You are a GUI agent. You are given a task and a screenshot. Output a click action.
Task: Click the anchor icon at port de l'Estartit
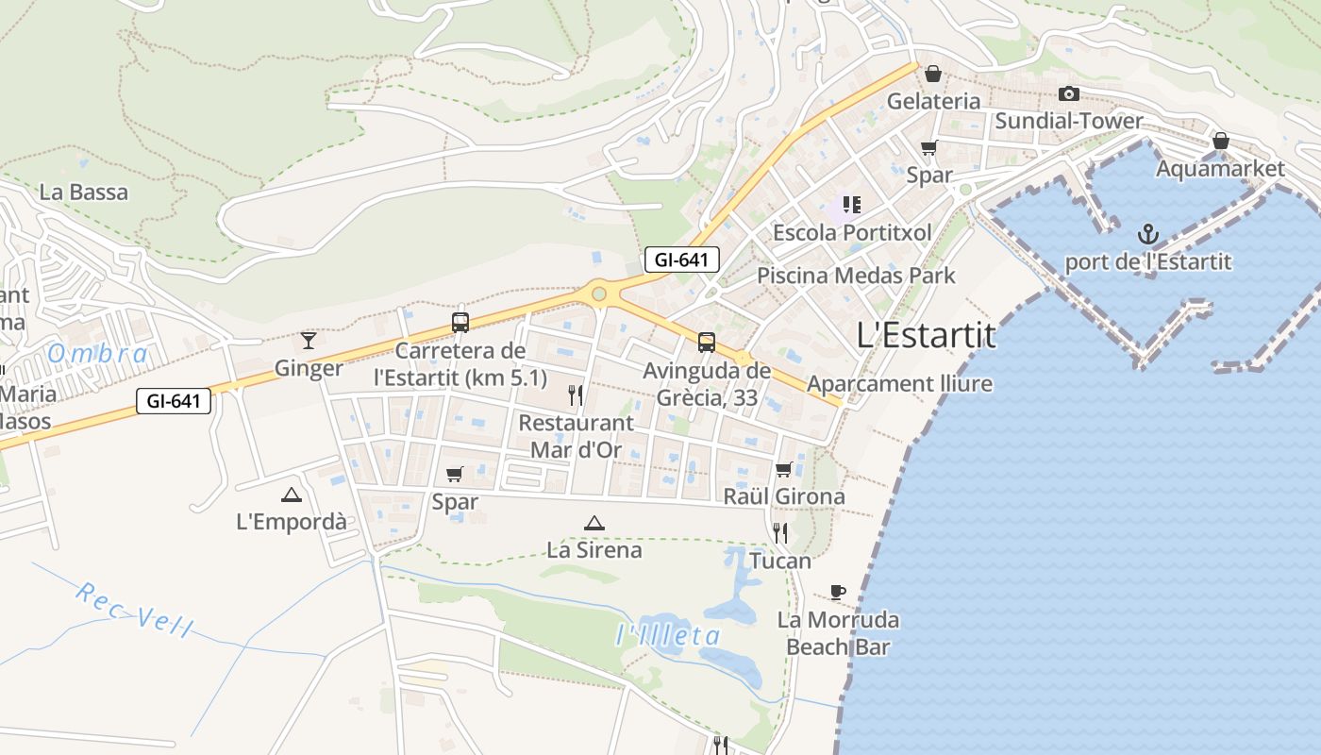(1147, 233)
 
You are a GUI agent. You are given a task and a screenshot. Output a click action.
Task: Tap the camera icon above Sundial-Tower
(1068, 93)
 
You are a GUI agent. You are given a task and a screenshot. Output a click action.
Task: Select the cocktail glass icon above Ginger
(309, 340)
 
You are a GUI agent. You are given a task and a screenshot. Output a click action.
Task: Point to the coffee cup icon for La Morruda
(837, 592)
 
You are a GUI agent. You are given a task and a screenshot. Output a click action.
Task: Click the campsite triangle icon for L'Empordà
(292, 495)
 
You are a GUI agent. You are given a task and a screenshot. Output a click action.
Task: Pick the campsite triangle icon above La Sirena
(594, 523)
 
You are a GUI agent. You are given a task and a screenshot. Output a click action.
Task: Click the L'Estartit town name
(926, 335)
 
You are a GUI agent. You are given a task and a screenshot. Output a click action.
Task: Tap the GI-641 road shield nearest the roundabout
(682, 260)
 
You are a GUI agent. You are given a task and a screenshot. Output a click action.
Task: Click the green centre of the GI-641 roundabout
(599, 294)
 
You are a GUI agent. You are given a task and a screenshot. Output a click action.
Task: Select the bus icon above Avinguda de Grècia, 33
(707, 343)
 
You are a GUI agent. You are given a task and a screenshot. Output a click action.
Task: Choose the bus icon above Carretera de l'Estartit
(460, 323)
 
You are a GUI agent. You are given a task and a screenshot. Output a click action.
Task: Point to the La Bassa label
(83, 193)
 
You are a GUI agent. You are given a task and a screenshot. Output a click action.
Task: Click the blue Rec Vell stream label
(134, 610)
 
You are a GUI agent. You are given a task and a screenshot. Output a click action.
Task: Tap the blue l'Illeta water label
(668, 635)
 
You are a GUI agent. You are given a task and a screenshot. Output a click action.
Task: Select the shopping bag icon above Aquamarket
(1220, 141)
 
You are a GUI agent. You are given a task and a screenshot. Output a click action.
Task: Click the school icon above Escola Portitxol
(852, 205)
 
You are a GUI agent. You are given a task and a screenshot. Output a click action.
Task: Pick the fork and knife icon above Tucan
(780, 533)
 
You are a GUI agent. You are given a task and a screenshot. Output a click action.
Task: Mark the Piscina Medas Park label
(856, 276)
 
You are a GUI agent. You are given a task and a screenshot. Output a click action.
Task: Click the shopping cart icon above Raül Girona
(783, 469)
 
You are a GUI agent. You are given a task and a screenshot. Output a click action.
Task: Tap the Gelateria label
(933, 101)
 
